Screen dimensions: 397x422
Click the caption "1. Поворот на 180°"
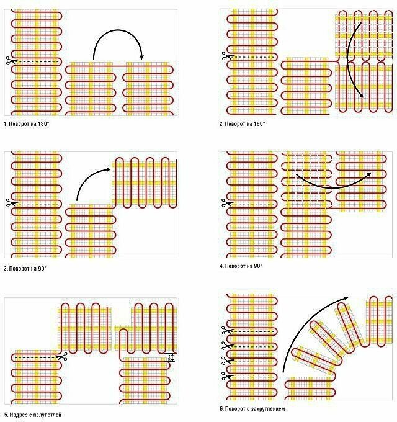tap(27, 124)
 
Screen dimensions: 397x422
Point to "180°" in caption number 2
tap(257, 124)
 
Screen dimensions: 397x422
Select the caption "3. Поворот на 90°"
tap(25, 269)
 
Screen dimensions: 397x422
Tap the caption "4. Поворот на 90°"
tap(241, 266)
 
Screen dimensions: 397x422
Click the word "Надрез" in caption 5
tap(18, 414)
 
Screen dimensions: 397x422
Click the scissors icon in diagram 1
tap(9, 61)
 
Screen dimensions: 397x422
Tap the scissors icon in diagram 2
tap(225, 57)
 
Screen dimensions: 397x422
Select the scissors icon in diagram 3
tap(9, 202)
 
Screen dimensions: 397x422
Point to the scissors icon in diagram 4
tap(225, 201)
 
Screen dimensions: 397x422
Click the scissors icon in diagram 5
tap(62, 356)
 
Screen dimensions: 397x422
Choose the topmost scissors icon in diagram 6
tap(225, 330)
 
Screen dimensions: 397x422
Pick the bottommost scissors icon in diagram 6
tap(225, 374)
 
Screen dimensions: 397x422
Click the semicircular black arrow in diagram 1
tap(118, 40)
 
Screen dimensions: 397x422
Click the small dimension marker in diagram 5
tap(172, 358)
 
